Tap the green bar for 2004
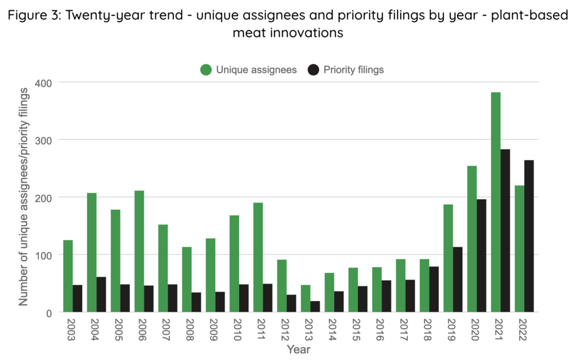coord(92,253)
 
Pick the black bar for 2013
coord(315,307)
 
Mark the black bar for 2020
coord(481,256)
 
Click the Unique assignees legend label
coord(256,70)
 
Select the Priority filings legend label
coord(354,70)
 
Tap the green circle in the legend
coord(206,70)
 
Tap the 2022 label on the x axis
coord(524,327)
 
